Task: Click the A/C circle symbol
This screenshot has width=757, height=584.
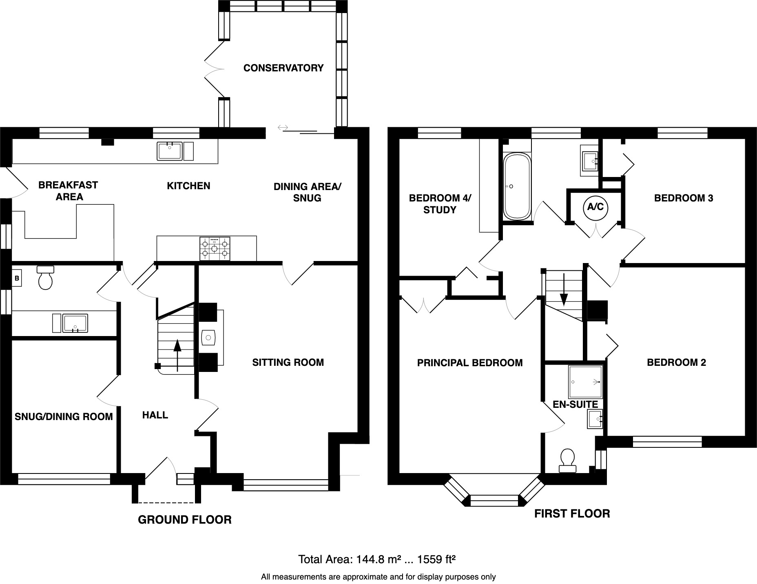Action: click(x=595, y=207)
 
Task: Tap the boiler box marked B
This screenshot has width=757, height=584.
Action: click(x=17, y=279)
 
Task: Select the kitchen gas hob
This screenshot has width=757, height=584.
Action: click(x=215, y=248)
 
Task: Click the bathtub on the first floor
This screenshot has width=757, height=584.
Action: click(x=517, y=186)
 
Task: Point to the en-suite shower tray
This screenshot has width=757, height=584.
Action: click(x=585, y=382)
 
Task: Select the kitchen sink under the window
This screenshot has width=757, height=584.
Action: click(x=169, y=151)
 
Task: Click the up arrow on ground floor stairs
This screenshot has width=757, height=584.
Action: click(x=177, y=355)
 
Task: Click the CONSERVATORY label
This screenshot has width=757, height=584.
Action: click(x=283, y=68)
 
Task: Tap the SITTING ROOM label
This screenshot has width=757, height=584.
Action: click(x=288, y=362)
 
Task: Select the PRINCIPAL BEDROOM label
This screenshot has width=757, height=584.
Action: click(x=470, y=363)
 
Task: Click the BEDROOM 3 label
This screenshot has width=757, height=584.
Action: click(x=684, y=198)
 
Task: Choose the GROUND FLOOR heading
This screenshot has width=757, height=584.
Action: click(x=185, y=520)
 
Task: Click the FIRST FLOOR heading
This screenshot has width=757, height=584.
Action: click(x=572, y=513)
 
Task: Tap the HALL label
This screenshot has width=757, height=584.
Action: click(x=155, y=415)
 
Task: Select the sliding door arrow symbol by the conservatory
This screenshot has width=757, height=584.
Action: click(x=283, y=128)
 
